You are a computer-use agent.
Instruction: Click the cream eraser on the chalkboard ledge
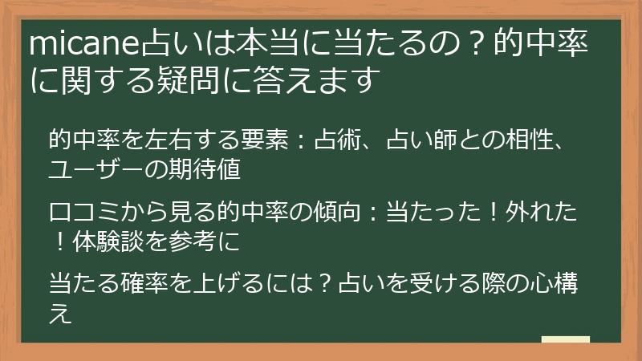(566, 340)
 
